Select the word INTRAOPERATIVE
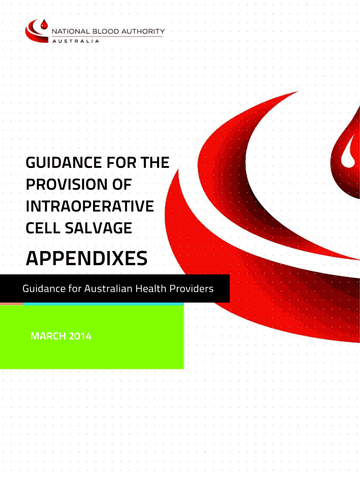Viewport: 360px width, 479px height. click(x=90, y=206)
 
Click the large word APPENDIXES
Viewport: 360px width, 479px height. click(x=86, y=258)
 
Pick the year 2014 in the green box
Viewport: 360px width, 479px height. click(x=80, y=336)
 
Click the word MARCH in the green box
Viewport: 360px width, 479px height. click(x=48, y=336)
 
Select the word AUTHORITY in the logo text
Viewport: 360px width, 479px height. click(x=143, y=31)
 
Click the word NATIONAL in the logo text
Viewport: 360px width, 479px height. click(x=71, y=31)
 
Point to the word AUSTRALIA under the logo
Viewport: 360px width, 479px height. click(x=76, y=41)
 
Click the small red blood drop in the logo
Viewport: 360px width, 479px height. click(x=44, y=25)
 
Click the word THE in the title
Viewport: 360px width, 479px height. click(x=155, y=162)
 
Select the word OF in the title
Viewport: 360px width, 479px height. click(x=122, y=184)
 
